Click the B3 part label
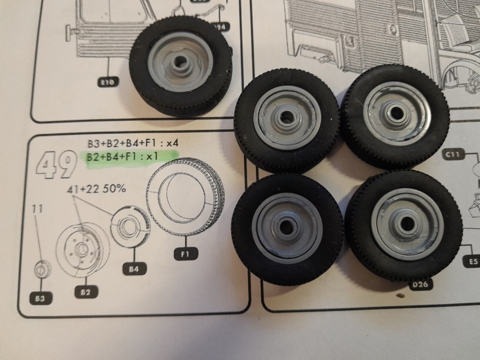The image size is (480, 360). tap(40, 298)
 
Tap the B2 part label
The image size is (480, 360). tap(86, 292)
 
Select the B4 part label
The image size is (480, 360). tap(134, 269)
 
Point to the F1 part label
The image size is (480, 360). tap(185, 254)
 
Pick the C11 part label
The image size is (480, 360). tap(453, 155)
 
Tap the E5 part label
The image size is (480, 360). tap(473, 261)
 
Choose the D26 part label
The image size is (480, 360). tap(420, 284)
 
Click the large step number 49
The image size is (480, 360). tap(56, 164)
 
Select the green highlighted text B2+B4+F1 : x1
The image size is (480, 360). tap(122, 156)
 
